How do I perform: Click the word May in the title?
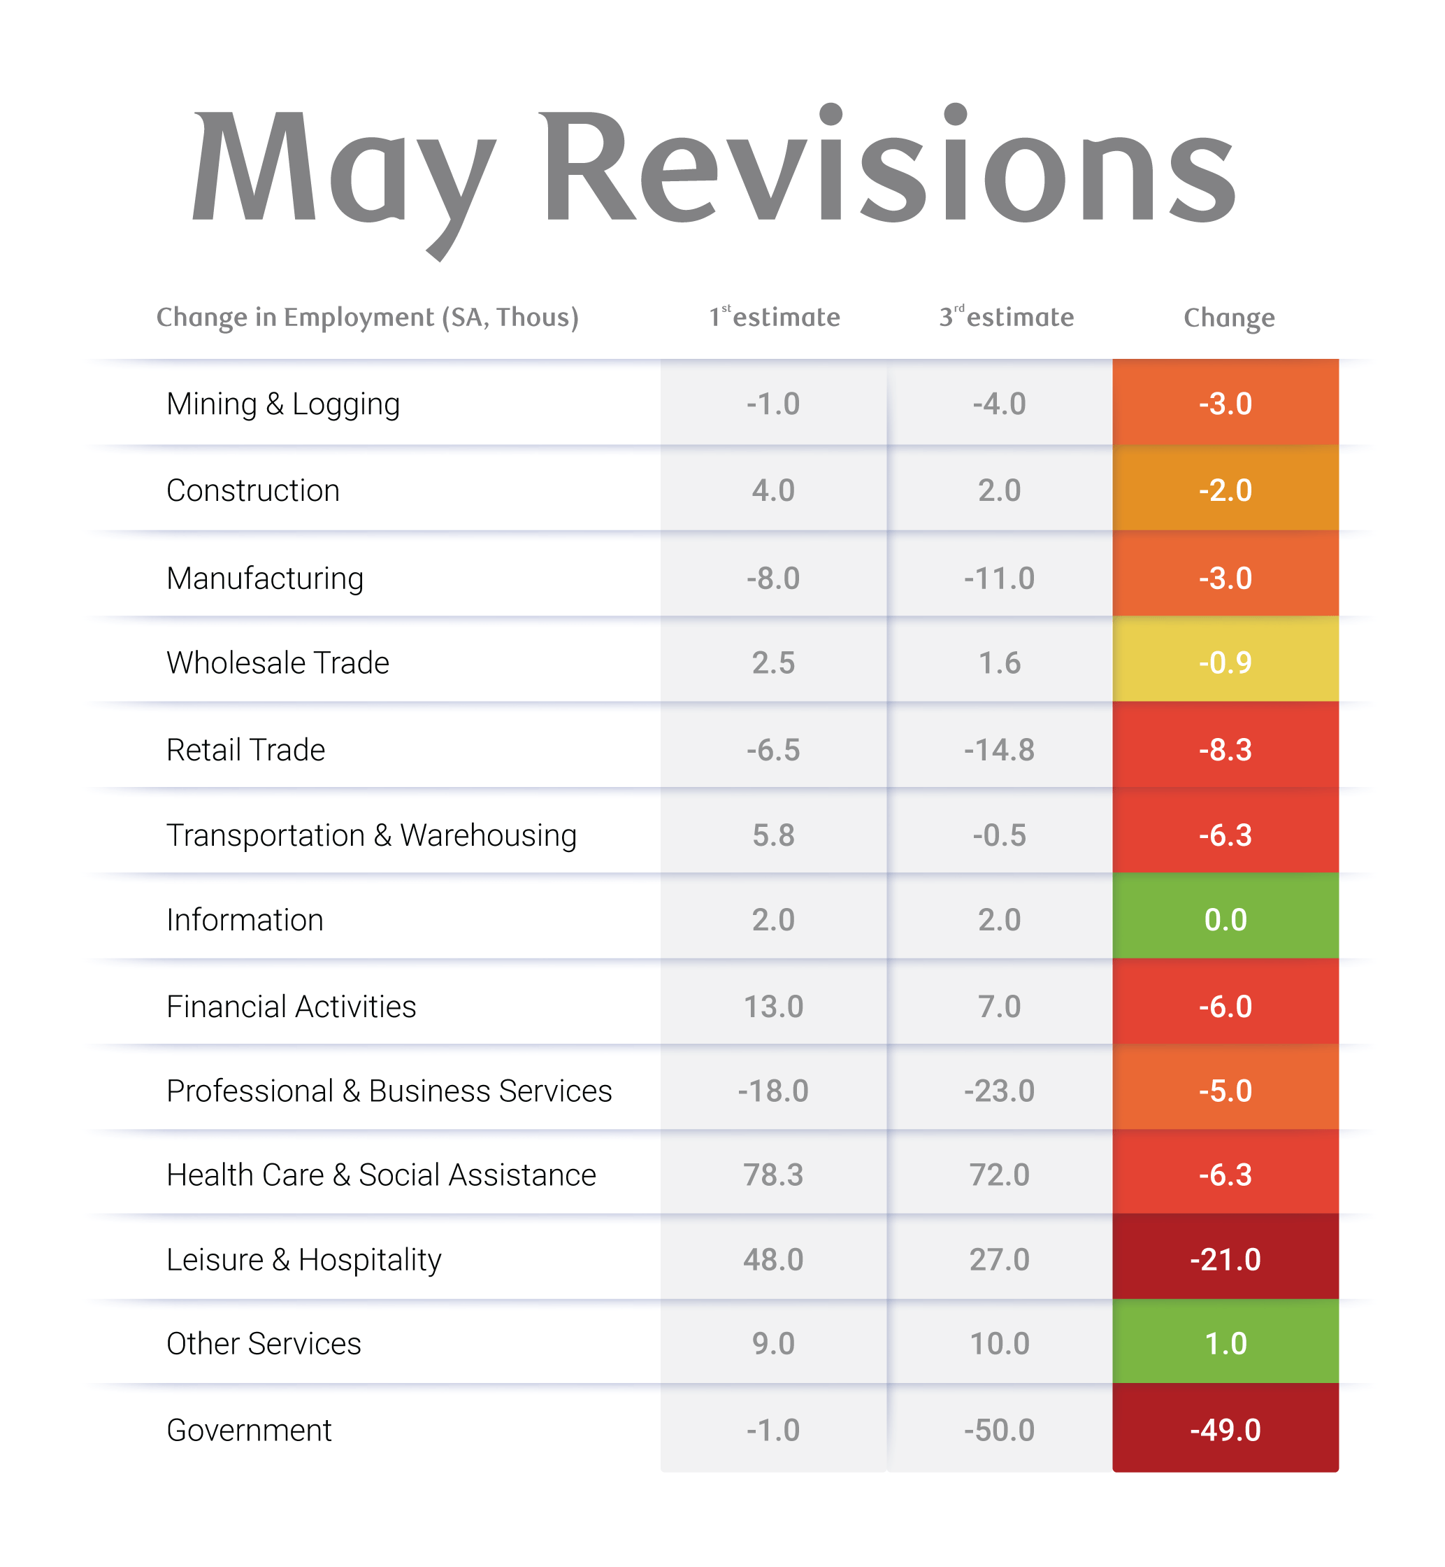click(344, 168)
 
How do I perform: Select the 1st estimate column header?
click(774, 317)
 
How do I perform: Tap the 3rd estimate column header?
click(1007, 317)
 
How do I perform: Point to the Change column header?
click(1228, 318)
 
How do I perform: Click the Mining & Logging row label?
click(283, 404)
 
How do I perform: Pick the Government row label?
click(249, 1430)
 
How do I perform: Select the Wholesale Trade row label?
click(278, 662)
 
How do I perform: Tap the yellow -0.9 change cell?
click(1225, 662)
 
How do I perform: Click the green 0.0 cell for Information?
click(1225, 919)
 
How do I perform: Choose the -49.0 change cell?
click(1225, 1430)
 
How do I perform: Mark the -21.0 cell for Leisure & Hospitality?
click(1225, 1259)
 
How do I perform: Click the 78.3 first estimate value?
click(772, 1175)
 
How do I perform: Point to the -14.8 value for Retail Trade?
click(998, 749)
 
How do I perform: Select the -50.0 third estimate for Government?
click(998, 1430)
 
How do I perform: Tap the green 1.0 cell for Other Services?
click(1225, 1344)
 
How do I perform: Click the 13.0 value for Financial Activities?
click(772, 1006)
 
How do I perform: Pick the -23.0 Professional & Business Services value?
click(998, 1091)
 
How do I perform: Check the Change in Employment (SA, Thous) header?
click(368, 318)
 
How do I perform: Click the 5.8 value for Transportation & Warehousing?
click(772, 835)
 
